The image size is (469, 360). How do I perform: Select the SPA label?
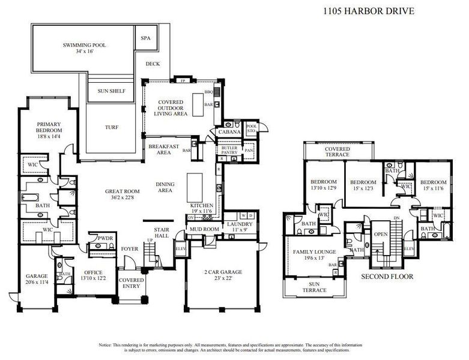pos(146,38)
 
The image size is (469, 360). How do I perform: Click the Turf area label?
pos(112,127)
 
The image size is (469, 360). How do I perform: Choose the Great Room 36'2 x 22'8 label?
pos(123,195)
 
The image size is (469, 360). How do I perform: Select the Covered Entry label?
pos(131,283)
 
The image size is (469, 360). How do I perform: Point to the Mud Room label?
pos(203,229)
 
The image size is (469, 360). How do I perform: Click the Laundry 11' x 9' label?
pos(240,227)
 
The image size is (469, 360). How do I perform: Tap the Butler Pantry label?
pos(230,150)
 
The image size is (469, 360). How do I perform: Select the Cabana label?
pos(229,132)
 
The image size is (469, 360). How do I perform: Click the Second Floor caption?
pos(387,277)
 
